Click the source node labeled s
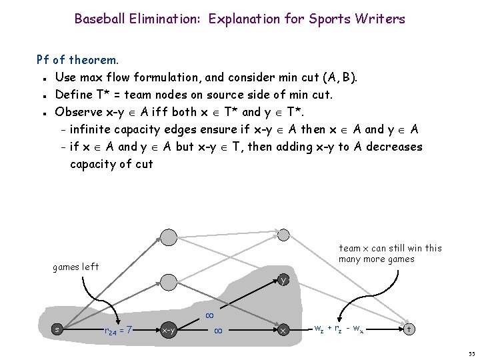click(x=58, y=329)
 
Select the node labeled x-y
click(x=169, y=329)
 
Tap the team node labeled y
click(x=283, y=280)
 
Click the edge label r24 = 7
click(x=118, y=329)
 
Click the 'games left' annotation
click(x=75, y=267)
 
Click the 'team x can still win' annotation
click(x=390, y=253)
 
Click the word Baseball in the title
click(x=99, y=19)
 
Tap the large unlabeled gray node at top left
click(x=169, y=237)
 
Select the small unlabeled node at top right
click(x=283, y=234)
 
